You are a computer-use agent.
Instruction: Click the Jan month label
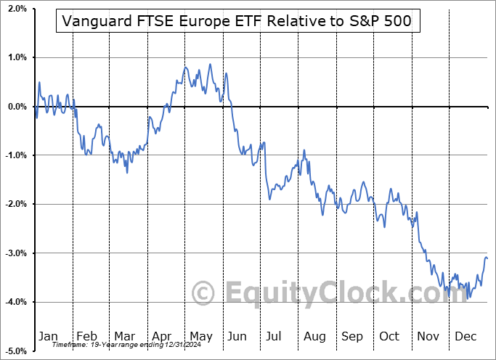(x=48, y=336)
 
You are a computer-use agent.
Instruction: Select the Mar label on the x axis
(x=124, y=336)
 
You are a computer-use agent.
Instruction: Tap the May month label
(x=201, y=336)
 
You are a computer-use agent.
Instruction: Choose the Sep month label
(x=352, y=336)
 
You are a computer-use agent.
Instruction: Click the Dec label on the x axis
(x=465, y=336)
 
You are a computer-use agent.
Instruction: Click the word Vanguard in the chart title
(x=94, y=21)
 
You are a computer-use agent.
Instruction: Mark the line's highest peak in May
(x=210, y=64)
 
